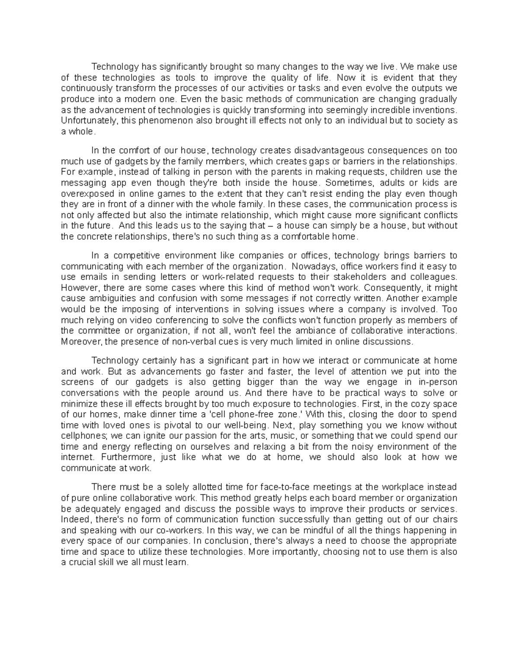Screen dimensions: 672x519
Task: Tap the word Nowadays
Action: (x=312, y=267)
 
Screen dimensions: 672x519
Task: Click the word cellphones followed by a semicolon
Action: (x=82, y=436)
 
